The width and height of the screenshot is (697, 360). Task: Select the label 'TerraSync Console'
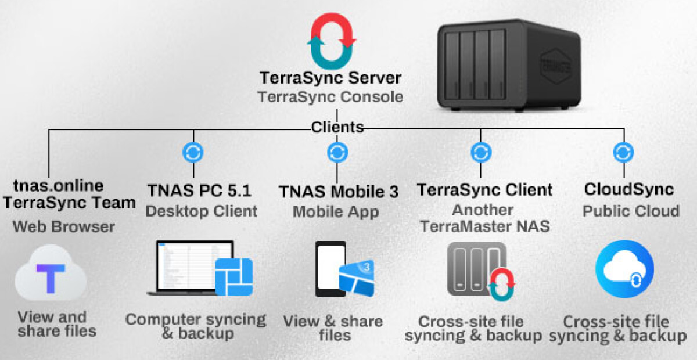click(x=330, y=96)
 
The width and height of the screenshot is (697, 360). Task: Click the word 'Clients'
click(x=337, y=127)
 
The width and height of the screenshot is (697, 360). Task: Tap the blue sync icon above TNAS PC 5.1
click(x=193, y=153)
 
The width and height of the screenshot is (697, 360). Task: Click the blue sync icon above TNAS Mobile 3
click(x=337, y=153)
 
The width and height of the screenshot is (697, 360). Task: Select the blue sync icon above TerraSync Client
click(x=480, y=153)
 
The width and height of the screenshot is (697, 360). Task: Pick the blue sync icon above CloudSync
click(x=623, y=153)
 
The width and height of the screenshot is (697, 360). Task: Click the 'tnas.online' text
click(x=58, y=186)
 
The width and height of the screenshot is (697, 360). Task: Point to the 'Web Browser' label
click(x=64, y=226)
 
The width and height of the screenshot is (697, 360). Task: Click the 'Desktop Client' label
click(x=201, y=211)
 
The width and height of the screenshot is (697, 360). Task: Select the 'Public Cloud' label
click(x=631, y=210)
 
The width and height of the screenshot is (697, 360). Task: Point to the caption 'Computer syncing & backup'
click(x=196, y=326)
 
